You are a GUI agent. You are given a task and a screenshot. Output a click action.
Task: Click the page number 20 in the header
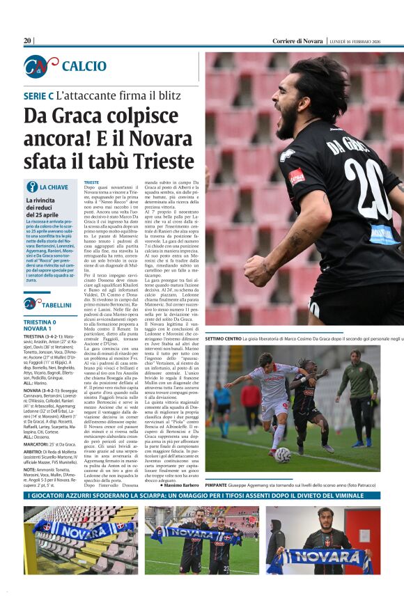[x=27, y=41]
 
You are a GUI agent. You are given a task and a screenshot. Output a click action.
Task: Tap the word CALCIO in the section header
[x=84, y=66]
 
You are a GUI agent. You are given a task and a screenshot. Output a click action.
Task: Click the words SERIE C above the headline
[x=38, y=95]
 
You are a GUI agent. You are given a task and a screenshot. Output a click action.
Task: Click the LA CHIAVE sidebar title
[x=54, y=187]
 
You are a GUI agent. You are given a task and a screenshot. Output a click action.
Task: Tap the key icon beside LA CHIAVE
[x=31, y=187]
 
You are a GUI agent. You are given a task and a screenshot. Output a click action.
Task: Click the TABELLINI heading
[x=56, y=304]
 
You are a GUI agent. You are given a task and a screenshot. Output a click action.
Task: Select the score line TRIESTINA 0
[x=40, y=322]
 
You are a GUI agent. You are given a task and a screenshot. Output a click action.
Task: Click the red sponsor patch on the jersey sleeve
[x=297, y=176]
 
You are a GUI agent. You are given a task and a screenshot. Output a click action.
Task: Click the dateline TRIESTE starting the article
[x=91, y=182]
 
